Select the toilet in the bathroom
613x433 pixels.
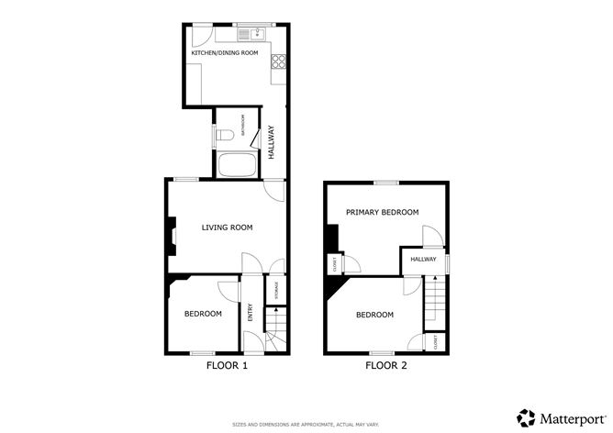225,136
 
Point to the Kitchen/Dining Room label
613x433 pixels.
225,53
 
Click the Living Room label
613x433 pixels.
227,227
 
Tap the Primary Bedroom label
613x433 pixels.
382,212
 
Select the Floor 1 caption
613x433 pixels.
226,365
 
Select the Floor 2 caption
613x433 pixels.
385,365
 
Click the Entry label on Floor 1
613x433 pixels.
249,312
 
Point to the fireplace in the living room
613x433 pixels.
171,233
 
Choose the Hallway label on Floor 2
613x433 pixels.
423,260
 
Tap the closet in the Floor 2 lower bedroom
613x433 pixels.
435,342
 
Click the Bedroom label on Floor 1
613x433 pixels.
203,314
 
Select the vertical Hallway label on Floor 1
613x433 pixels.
272,144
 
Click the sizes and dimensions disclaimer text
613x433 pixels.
306,424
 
